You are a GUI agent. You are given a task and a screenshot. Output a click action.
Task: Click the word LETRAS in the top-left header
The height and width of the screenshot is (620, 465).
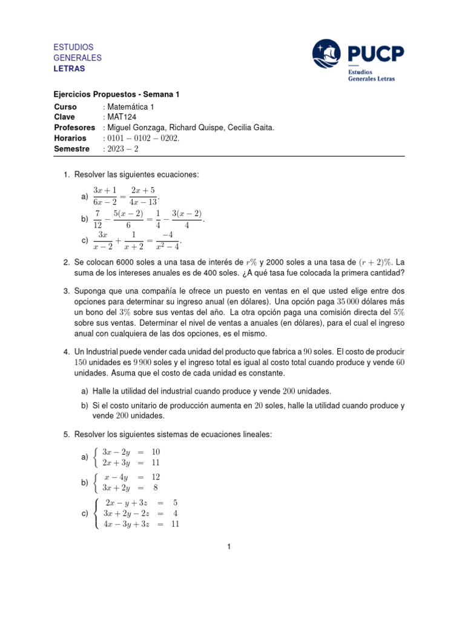70,68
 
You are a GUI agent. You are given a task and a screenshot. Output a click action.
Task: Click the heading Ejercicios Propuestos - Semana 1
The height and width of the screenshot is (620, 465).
117,94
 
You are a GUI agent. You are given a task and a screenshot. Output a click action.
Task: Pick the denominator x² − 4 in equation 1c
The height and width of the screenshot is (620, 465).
167,246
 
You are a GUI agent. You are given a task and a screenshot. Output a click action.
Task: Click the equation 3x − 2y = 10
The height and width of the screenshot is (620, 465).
131,452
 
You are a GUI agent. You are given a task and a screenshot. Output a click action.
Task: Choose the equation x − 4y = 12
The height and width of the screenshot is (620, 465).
131,477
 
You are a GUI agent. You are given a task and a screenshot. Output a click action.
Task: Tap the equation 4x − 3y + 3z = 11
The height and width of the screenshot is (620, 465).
141,524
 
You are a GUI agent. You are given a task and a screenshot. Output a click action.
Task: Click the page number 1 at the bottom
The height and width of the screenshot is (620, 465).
229,547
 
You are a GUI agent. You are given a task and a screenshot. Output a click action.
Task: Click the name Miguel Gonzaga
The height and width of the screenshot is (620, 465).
134,127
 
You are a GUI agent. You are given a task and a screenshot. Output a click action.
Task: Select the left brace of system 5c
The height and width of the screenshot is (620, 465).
97,513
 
